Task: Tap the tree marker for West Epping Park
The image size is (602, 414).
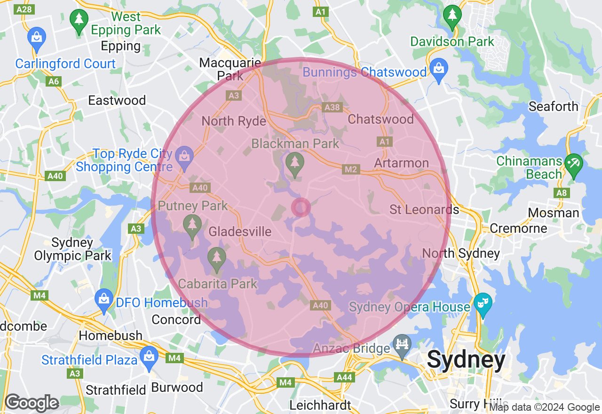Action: tap(79, 20)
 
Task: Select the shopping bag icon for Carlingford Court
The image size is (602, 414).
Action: tap(37, 37)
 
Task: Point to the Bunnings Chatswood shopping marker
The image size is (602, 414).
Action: tap(438, 69)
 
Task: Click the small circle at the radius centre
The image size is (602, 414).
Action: tap(301, 207)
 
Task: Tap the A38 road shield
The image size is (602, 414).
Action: tap(332, 108)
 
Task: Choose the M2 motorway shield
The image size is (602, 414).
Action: tap(351, 169)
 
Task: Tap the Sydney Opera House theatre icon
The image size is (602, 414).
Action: tap(482, 302)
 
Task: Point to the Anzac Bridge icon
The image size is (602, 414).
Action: tap(402, 345)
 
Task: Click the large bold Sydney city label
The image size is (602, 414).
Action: tap(466, 360)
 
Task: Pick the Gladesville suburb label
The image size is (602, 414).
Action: tap(240, 231)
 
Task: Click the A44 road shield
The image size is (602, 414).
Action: tap(344, 377)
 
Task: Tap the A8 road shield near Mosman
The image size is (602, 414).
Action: tap(562, 192)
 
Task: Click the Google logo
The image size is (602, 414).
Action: tap(32, 403)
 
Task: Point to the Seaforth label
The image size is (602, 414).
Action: tap(553, 106)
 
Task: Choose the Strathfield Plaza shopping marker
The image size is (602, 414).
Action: tap(149, 356)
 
